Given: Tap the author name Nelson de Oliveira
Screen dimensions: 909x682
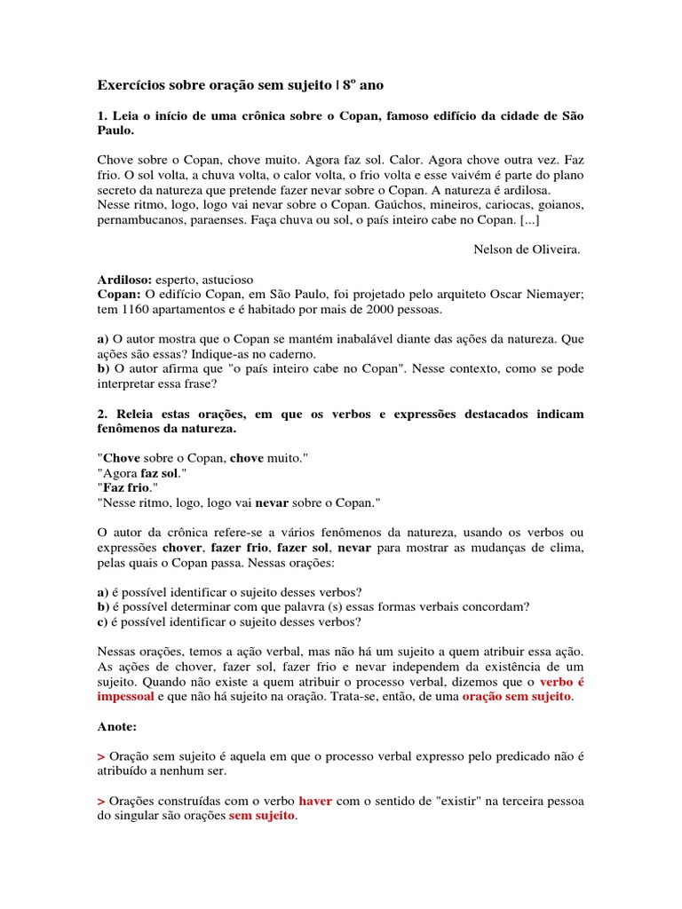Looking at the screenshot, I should (527, 249).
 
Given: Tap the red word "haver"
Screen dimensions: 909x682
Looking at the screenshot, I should (315, 800).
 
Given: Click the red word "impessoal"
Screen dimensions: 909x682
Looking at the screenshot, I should (125, 697).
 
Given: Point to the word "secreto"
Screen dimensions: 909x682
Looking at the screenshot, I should (119, 189).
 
